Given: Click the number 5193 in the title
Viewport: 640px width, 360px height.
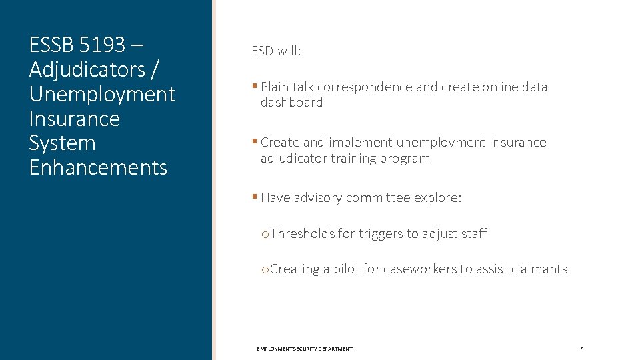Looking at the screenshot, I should click(x=102, y=45).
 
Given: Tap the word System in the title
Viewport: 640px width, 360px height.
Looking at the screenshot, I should click(x=62, y=143).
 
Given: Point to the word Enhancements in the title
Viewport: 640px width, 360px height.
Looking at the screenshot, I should click(x=98, y=167).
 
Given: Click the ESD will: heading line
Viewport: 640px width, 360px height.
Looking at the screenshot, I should click(x=276, y=51).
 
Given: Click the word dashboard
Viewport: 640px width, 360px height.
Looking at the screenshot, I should click(x=291, y=103).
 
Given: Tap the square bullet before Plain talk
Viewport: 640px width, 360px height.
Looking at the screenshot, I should click(x=255, y=87).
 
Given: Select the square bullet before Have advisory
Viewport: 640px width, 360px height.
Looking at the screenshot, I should click(x=255, y=197).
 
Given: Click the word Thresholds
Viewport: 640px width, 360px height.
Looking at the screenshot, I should click(x=303, y=234).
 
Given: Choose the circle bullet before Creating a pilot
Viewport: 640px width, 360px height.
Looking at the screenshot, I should click(x=265, y=270).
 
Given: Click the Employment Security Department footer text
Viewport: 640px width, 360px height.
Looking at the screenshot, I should click(x=305, y=349).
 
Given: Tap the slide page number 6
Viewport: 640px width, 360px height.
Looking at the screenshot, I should click(x=581, y=349).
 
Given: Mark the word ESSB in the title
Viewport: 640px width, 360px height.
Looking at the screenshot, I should click(x=51, y=45).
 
